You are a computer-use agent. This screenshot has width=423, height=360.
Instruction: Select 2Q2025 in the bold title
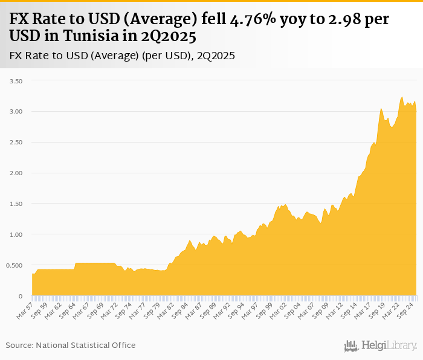coord(169,36)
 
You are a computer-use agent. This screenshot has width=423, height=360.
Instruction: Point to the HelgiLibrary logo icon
coord(351,346)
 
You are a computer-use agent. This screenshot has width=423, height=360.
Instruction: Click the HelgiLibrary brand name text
coord(389,346)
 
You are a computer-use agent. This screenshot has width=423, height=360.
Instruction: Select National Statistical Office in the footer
coord(86,345)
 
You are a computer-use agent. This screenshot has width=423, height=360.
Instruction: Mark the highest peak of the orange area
coord(402,97)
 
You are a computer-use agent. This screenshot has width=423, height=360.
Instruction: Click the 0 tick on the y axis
coord(21,296)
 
